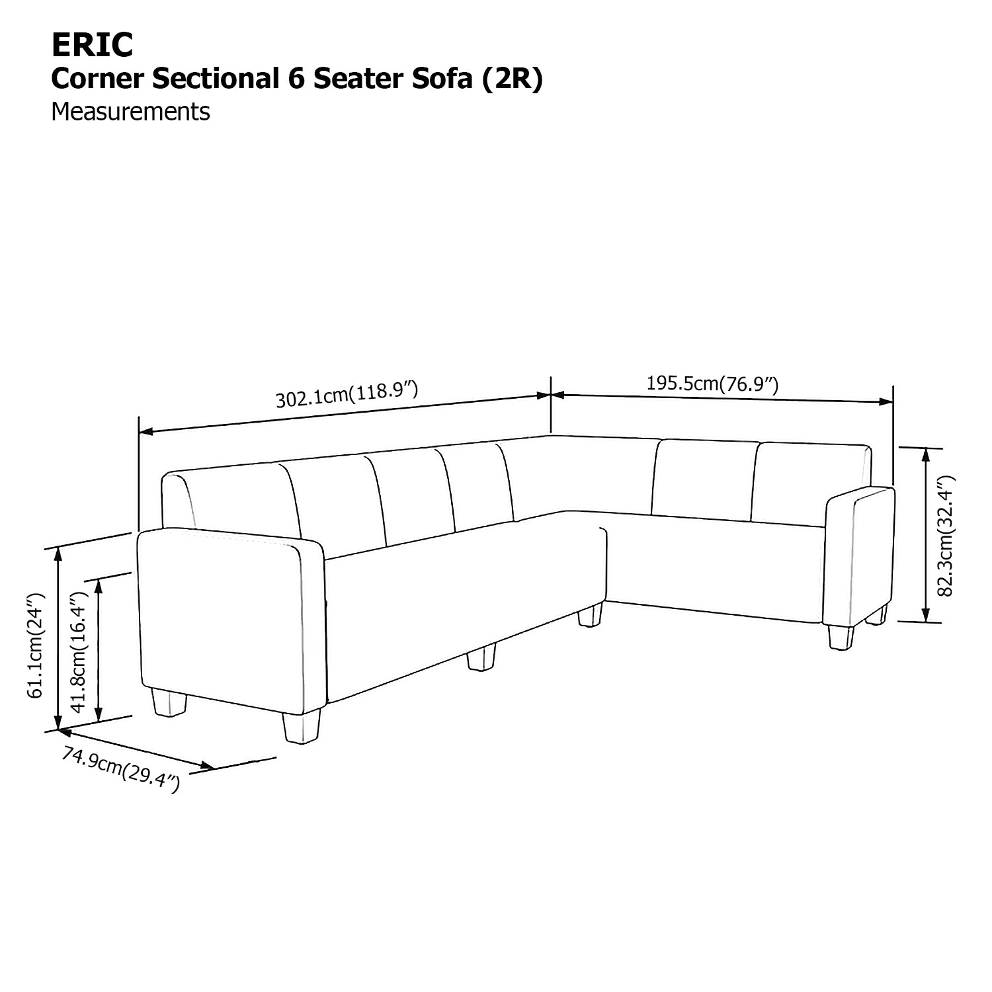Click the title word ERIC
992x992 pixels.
[x=92, y=45]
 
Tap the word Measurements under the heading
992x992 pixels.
[x=130, y=112]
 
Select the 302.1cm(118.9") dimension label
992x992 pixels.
[x=347, y=394]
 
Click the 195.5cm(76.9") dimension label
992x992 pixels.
[x=712, y=384]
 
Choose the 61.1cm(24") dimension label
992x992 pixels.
[x=36, y=645]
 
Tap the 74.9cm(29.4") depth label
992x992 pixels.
[x=120, y=769]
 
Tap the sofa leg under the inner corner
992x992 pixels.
[x=590, y=615]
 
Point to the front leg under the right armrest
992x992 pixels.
[x=841, y=638]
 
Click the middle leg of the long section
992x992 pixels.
[x=481, y=658]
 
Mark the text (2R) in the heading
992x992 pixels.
[x=512, y=79]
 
